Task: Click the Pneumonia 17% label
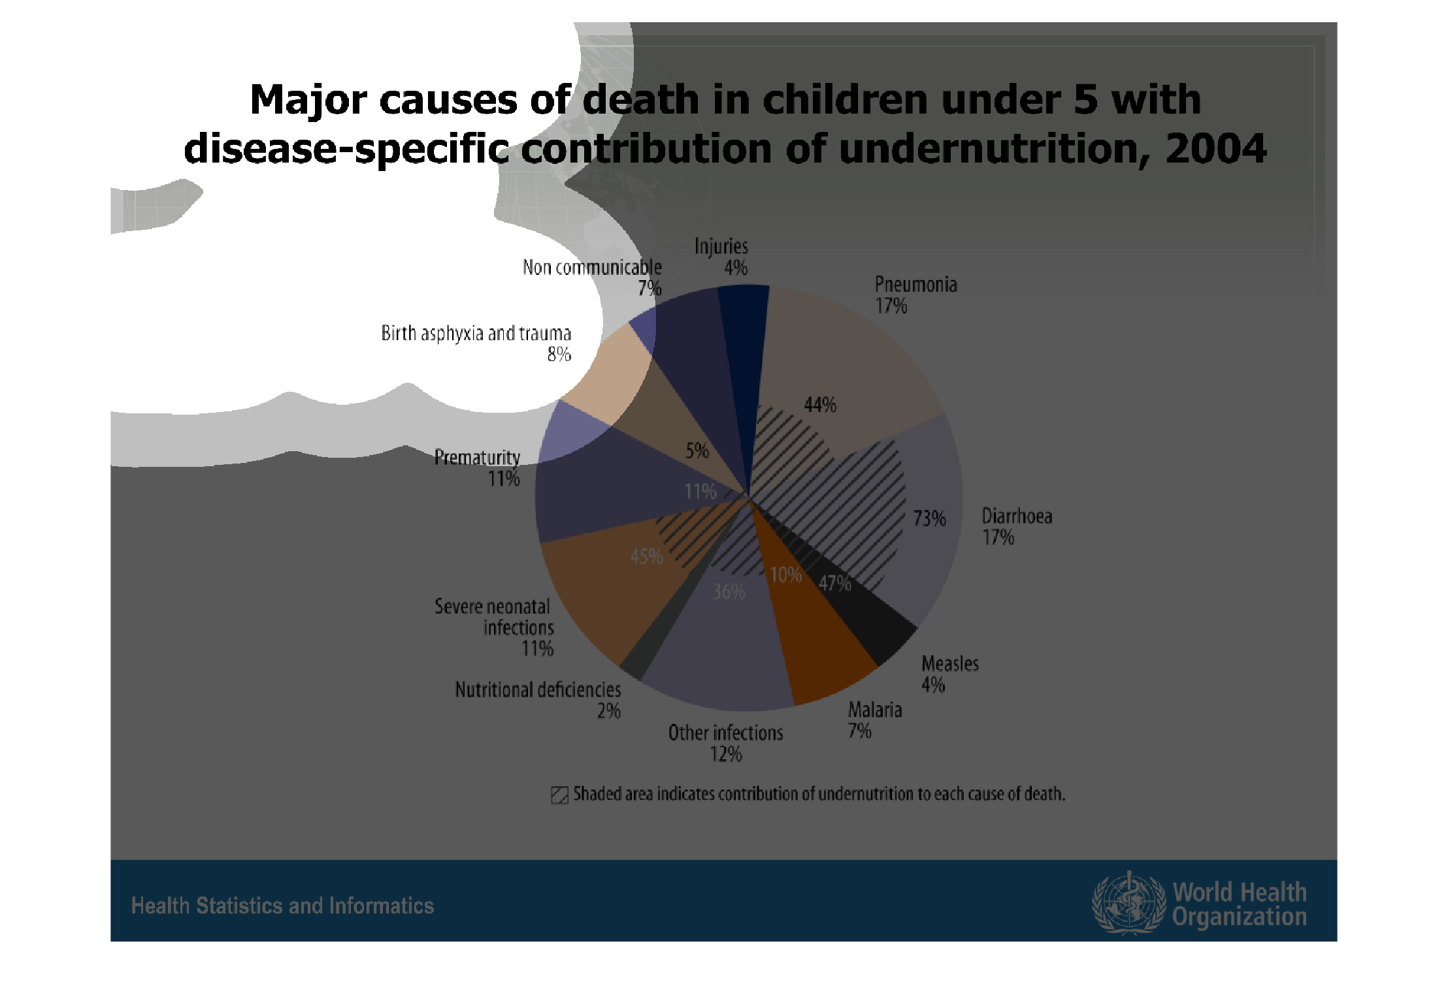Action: pyautogui.click(x=915, y=295)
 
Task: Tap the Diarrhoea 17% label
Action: pyautogui.click(x=1016, y=527)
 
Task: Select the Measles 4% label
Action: pyautogui.click(x=949, y=674)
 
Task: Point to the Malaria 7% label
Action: pyautogui.click(x=874, y=720)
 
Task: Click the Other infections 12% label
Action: pyautogui.click(x=725, y=743)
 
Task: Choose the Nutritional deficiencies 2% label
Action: pyautogui.click(x=538, y=700)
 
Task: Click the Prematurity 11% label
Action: pyautogui.click(x=478, y=468)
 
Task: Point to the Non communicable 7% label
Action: pyautogui.click(x=592, y=277)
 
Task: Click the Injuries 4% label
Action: pyautogui.click(x=721, y=257)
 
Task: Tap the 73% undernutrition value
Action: pyautogui.click(x=929, y=518)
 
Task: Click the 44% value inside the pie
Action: pyautogui.click(x=819, y=405)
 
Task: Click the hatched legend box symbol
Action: pyautogui.click(x=559, y=795)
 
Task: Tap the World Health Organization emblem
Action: pyautogui.click(x=1128, y=903)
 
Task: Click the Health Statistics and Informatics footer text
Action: pyautogui.click(x=282, y=906)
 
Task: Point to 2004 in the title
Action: pyautogui.click(x=1215, y=149)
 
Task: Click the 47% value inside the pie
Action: pyautogui.click(x=834, y=583)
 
